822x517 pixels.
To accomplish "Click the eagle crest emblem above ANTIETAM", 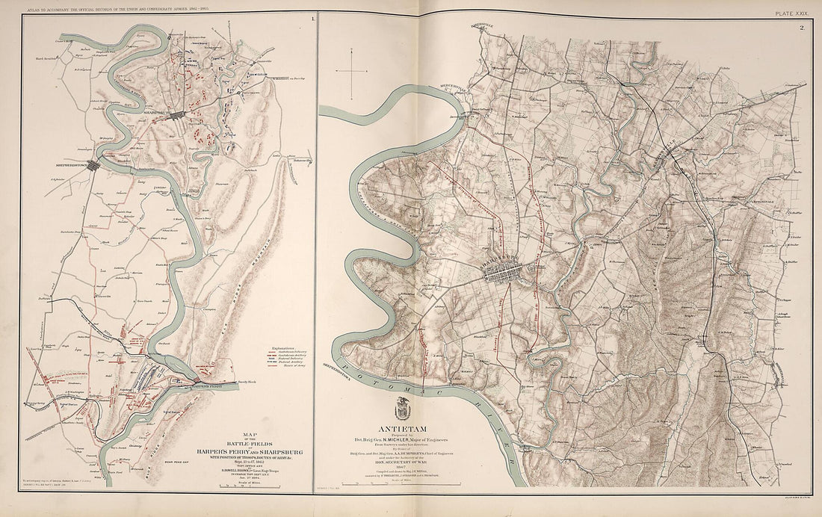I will [x=408, y=408].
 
